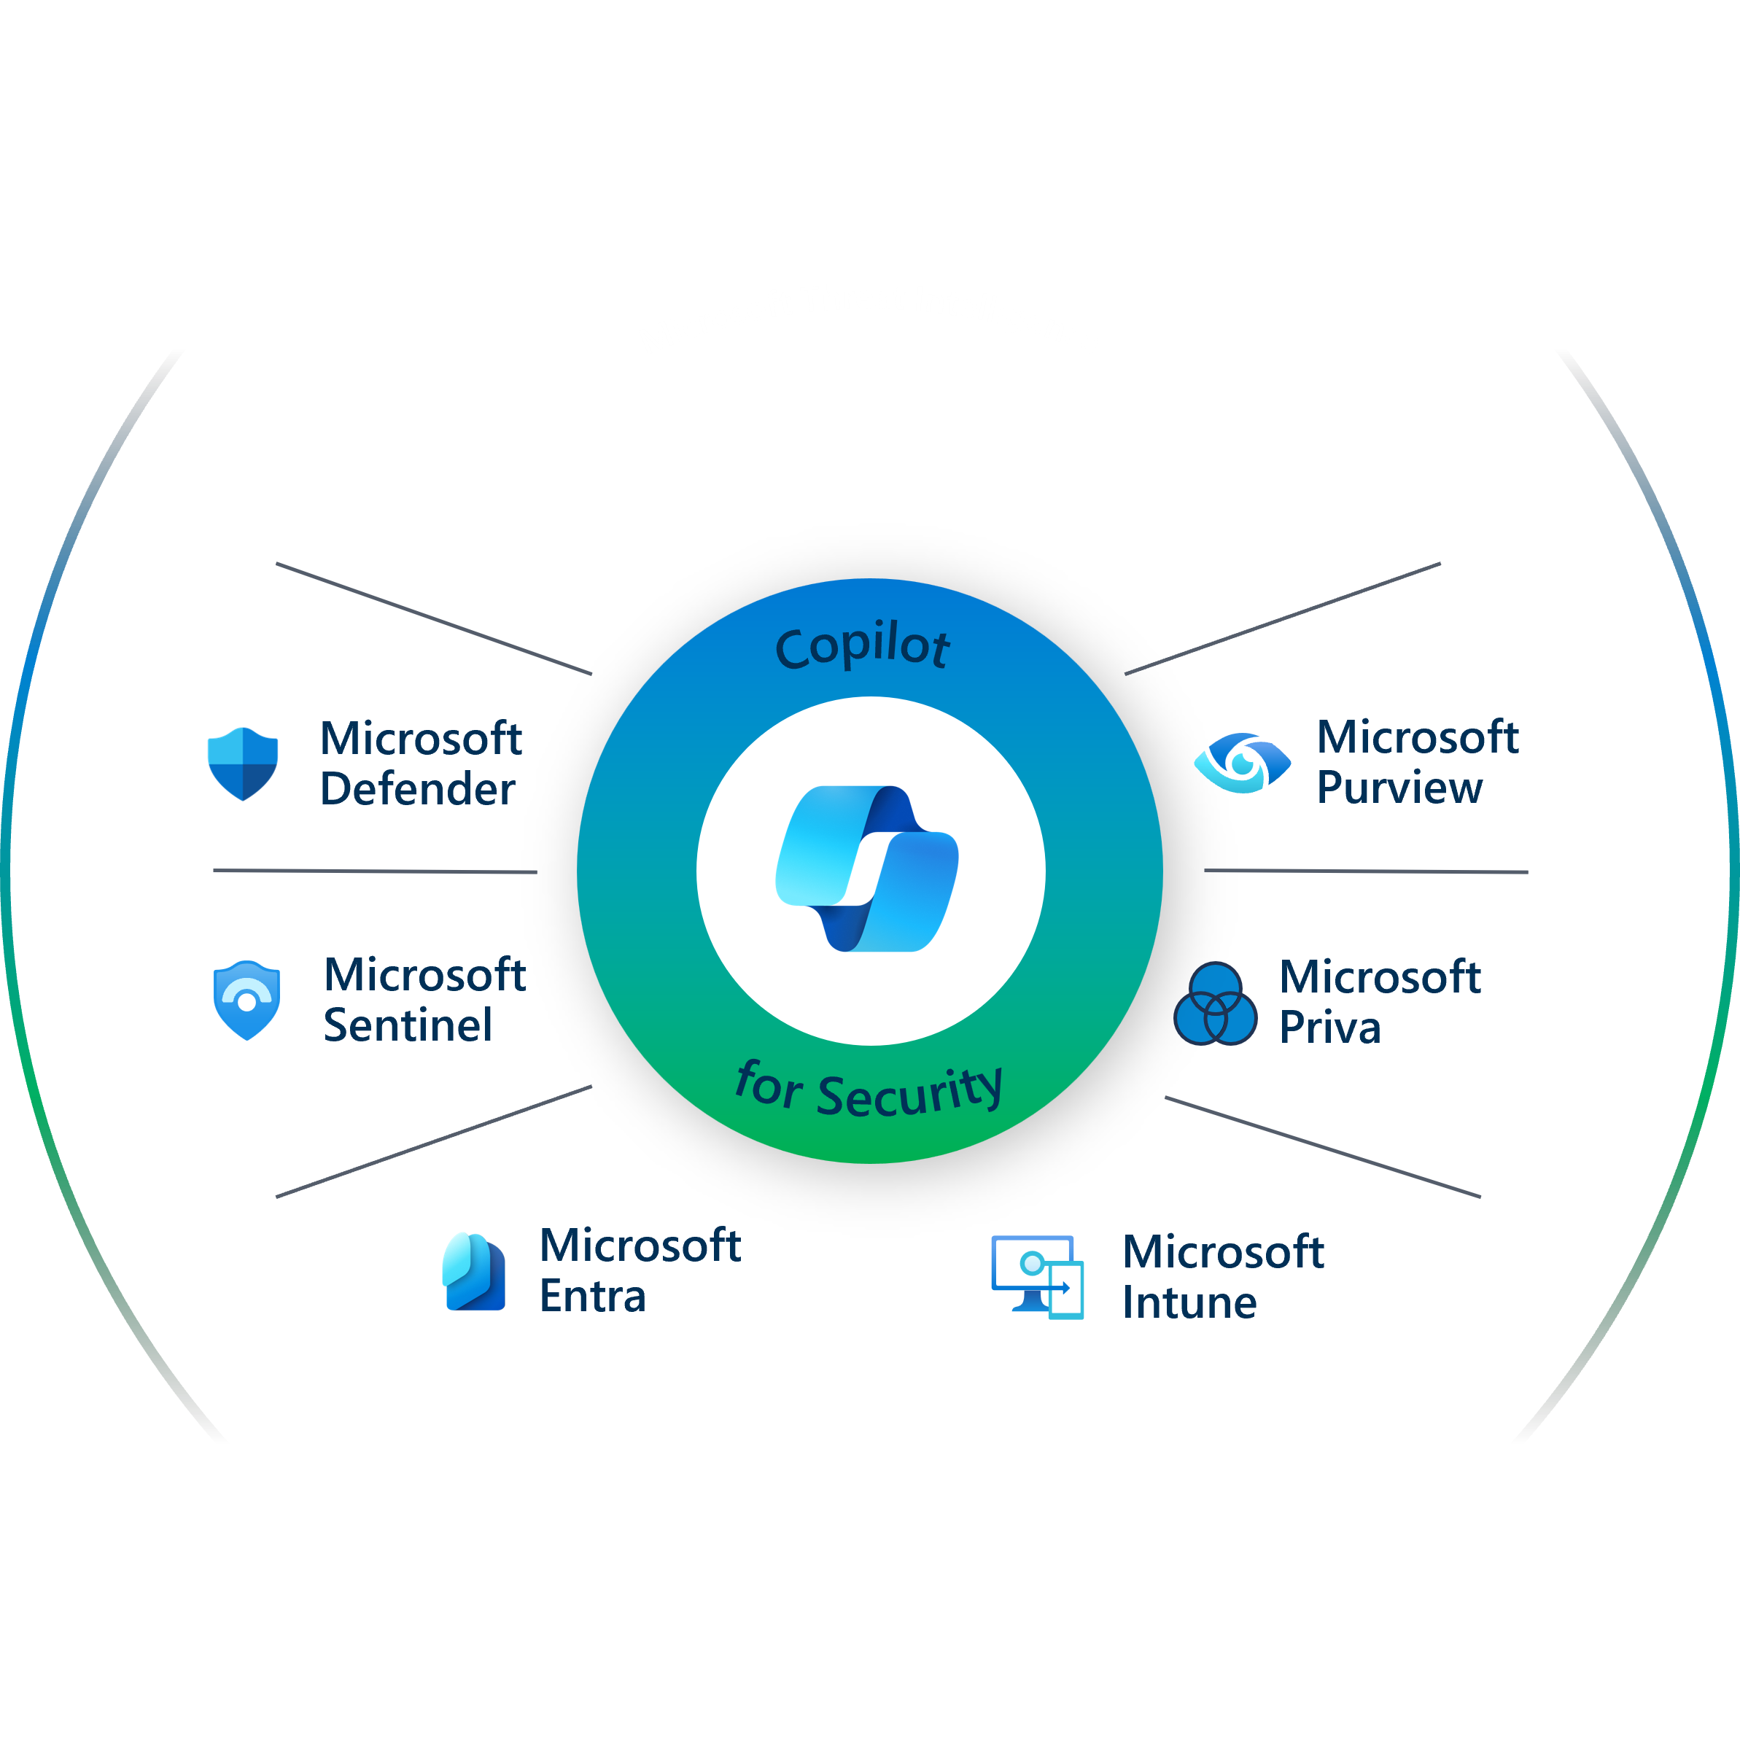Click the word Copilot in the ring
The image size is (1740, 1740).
862,647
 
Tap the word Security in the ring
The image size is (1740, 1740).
909,1092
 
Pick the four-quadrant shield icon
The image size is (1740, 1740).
242,762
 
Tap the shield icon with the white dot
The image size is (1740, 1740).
246,1003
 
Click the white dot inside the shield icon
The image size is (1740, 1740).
246,1003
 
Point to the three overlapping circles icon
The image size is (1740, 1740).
1215,1003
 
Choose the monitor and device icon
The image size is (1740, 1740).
1043,1280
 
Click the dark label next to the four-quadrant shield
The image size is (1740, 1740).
429,767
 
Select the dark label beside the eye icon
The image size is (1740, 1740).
1509,767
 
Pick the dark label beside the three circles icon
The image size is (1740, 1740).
1495,1003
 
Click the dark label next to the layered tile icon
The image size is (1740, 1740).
644,1277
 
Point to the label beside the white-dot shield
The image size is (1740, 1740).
430,1003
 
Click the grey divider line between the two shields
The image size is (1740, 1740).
374,871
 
